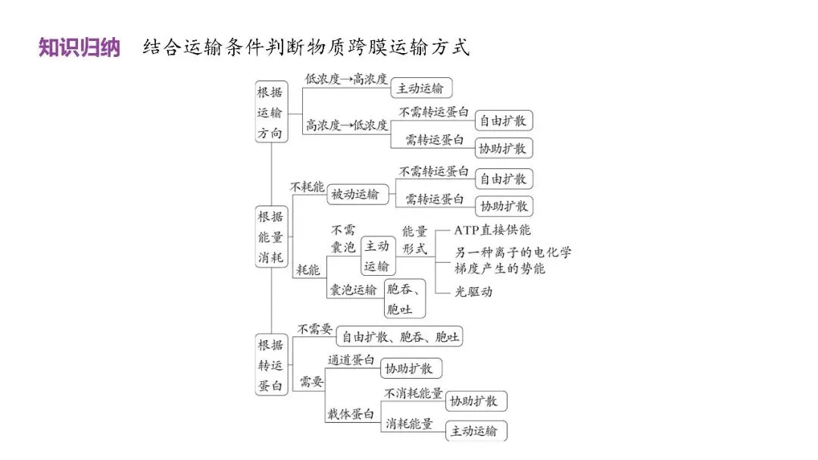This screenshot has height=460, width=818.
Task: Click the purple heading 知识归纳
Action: coord(80,48)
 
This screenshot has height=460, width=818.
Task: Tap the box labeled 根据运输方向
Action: coord(270,112)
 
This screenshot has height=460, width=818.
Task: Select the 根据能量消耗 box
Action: coord(270,236)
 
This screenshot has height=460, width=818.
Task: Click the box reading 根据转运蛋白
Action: coord(270,365)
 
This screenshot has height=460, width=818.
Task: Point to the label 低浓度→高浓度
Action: coord(346,79)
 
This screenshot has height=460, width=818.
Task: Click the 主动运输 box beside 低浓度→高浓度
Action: coord(421,88)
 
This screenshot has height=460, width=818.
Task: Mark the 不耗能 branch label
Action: coord(308,186)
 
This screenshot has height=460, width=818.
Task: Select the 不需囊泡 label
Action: coord(343,239)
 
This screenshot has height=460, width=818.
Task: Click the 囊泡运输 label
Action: coord(352,289)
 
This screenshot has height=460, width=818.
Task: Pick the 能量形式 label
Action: coord(414,239)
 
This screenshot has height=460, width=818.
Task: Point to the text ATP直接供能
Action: coord(492,230)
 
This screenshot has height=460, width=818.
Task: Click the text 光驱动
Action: coord(473,291)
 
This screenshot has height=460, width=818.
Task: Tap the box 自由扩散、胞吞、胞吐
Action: coord(400,336)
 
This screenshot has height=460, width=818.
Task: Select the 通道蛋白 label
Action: coord(351,360)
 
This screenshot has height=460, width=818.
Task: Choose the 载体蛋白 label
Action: coord(351,414)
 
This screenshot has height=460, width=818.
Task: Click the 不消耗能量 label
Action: coord(413,394)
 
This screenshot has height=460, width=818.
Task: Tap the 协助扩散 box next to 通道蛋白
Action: coord(410,369)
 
